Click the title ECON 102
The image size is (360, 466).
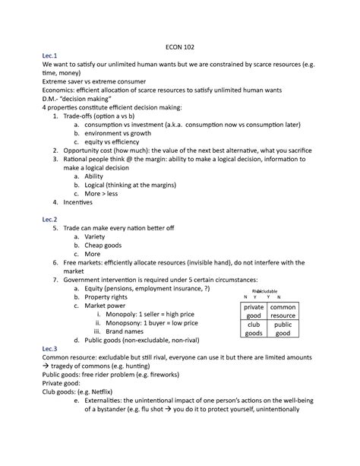(179, 45)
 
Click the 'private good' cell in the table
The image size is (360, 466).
(253, 311)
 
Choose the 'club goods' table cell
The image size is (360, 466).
(253, 328)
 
